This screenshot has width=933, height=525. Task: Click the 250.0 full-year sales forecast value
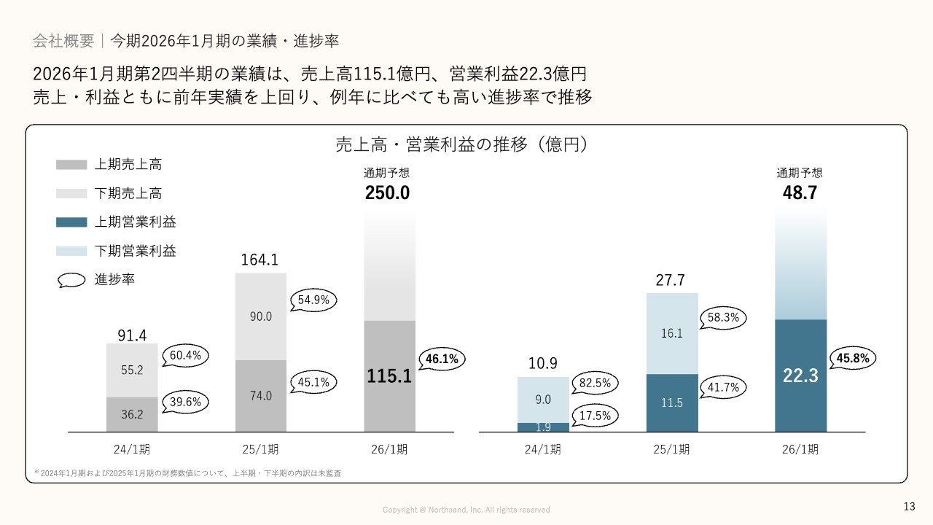point(387,193)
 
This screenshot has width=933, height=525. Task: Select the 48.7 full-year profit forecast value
point(800,193)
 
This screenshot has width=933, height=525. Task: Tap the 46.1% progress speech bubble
point(443,359)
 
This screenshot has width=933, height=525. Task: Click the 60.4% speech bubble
point(186,356)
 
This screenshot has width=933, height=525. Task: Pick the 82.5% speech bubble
point(596,382)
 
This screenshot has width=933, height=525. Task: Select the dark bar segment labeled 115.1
point(389,376)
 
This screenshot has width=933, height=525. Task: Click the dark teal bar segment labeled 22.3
point(800,376)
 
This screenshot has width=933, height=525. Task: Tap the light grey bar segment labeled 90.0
point(261,316)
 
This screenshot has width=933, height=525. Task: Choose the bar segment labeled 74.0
point(261,396)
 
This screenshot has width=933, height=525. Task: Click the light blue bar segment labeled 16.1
point(671,333)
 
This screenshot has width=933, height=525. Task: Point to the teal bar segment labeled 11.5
point(671,402)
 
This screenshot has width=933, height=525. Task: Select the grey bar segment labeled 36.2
point(132,414)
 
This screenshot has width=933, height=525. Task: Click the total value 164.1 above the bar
point(259,260)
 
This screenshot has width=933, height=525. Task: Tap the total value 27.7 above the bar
point(671,281)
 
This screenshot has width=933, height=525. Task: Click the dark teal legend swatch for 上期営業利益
point(71,222)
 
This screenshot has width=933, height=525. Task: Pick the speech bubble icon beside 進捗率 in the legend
point(71,280)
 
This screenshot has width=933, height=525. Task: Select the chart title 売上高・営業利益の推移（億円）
point(461,144)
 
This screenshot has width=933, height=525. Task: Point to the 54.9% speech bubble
point(314,299)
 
